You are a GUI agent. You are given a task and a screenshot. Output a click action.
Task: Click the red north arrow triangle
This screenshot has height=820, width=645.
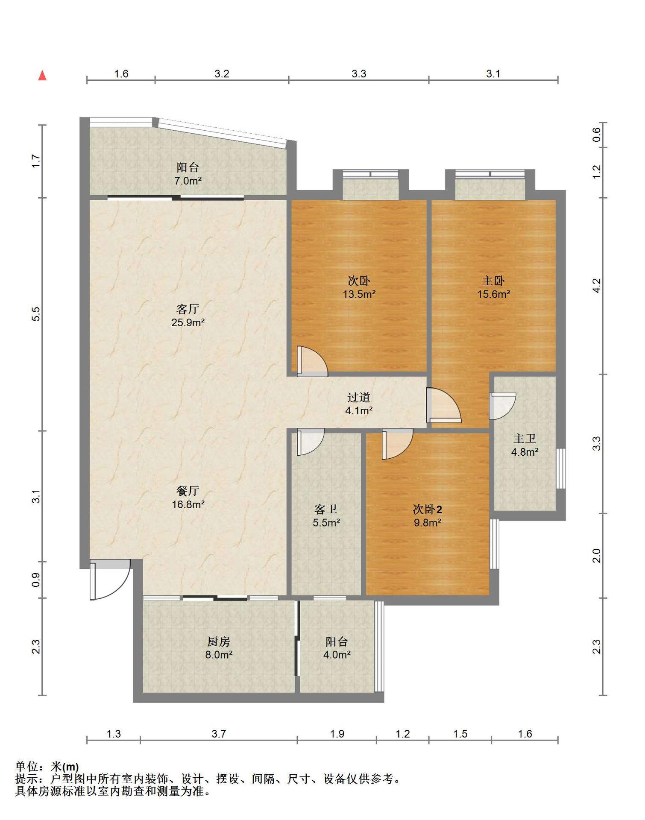pyautogui.click(x=42, y=76)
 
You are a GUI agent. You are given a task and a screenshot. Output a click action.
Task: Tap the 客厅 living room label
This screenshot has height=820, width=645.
pyautogui.click(x=188, y=308)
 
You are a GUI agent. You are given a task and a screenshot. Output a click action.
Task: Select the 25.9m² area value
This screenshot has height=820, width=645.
pyautogui.click(x=188, y=322)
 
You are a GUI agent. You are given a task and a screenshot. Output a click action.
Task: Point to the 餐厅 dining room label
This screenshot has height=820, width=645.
pyautogui.click(x=188, y=491)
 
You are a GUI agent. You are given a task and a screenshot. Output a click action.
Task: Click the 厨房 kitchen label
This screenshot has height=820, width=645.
pyautogui.click(x=219, y=641)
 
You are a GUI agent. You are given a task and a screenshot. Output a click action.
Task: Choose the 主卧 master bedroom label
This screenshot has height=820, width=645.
pyautogui.click(x=494, y=281)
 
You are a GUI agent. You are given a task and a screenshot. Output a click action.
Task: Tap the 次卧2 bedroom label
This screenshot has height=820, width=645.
pyautogui.click(x=428, y=509)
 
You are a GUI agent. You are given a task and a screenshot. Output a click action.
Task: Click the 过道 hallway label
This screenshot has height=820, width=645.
pyautogui.click(x=359, y=397)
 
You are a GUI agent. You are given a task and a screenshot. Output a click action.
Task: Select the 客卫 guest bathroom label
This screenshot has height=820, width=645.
pyautogui.click(x=326, y=509)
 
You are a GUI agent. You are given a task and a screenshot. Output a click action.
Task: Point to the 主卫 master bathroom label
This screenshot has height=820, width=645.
pyautogui.click(x=525, y=438)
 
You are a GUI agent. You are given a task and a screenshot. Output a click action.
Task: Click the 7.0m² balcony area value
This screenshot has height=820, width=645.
pyautogui.click(x=188, y=181)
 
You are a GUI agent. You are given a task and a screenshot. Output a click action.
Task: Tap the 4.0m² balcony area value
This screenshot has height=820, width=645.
pyautogui.click(x=337, y=654)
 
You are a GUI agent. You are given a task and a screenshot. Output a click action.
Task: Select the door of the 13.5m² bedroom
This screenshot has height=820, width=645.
pyautogui.click(x=312, y=361)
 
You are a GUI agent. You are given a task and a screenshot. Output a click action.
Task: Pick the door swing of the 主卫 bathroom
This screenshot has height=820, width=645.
pyautogui.click(x=502, y=406)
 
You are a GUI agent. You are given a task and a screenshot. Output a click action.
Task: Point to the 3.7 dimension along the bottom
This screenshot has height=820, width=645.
pyautogui.click(x=219, y=734)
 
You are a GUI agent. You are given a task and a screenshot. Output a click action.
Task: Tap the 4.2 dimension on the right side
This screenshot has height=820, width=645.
pyautogui.click(x=597, y=285)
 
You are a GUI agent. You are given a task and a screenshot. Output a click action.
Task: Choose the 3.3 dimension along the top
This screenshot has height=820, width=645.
pyautogui.click(x=359, y=74)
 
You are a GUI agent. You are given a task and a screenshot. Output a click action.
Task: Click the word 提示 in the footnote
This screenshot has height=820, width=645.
pyautogui.click(x=26, y=779)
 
